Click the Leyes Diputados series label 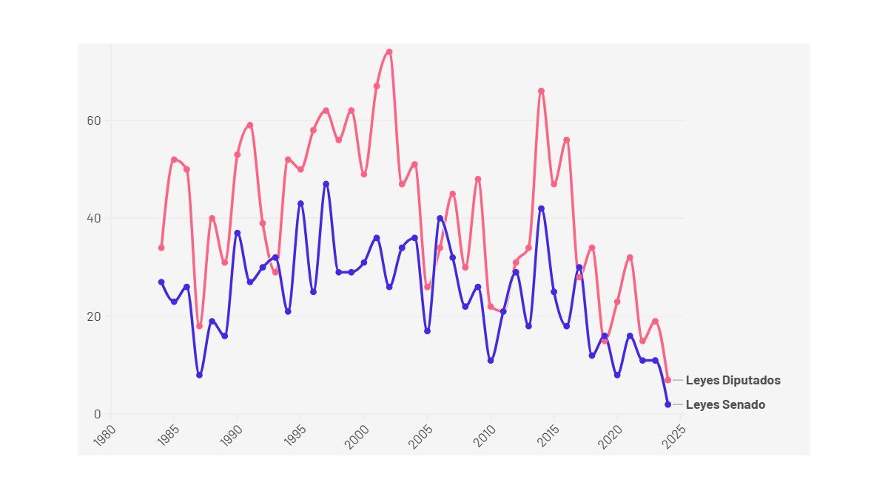point(733,381)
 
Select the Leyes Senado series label point(725,405)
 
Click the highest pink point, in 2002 point(389,52)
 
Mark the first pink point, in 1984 point(161,248)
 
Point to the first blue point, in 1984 point(161,282)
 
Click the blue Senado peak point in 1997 point(326,184)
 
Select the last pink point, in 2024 point(667,380)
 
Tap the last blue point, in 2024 point(667,404)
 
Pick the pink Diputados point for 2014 point(541,91)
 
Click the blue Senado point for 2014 point(541,208)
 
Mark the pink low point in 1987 point(199,326)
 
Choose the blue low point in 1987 point(199,375)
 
